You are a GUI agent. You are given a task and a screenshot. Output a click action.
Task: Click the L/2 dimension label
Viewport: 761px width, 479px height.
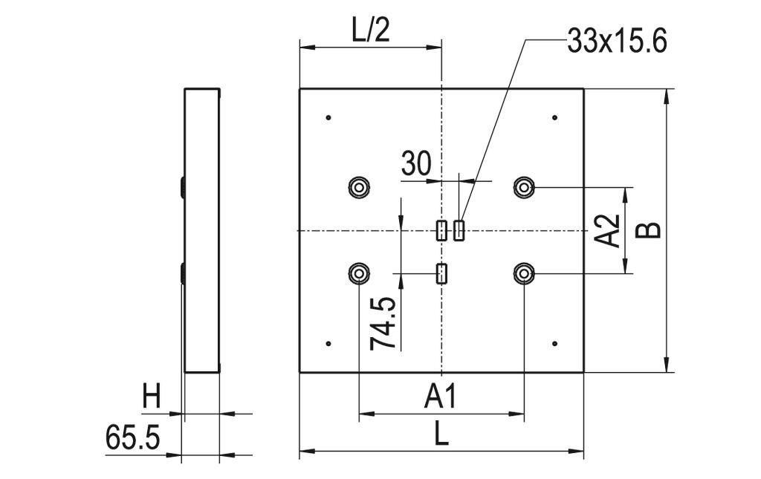(369, 30)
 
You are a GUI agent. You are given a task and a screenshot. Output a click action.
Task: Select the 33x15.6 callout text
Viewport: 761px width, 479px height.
(616, 42)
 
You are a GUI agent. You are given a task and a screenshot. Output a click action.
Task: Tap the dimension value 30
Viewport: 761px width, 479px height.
(415, 163)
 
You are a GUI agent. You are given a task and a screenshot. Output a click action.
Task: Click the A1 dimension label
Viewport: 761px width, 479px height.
(441, 398)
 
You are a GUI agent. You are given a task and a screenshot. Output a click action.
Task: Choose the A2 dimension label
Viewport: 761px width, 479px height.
(609, 230)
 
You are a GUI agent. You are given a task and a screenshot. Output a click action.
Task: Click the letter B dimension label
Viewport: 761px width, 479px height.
(650, 229)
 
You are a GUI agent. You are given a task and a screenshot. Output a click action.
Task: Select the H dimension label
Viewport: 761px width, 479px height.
(152, 397)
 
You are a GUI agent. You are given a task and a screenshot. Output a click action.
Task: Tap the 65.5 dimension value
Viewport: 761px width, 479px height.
(133, 438)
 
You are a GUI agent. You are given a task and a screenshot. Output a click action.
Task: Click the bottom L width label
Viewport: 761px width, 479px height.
(441, 434)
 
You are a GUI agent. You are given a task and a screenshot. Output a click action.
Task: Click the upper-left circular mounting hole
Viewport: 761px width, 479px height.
(359, 187)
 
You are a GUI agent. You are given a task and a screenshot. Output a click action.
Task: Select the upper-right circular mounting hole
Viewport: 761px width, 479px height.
(525, 187)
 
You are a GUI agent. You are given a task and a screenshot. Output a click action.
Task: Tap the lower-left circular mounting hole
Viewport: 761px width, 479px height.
(359, 274)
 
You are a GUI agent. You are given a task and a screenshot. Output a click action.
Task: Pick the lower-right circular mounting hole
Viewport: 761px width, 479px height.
(525, 274)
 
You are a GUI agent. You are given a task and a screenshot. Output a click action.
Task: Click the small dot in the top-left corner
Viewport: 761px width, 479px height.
(328, 117)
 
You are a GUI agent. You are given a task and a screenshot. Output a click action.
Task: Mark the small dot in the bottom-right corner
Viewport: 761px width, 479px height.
(555, 343)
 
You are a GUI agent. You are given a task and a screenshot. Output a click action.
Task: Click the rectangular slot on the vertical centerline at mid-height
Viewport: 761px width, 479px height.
(441, 231)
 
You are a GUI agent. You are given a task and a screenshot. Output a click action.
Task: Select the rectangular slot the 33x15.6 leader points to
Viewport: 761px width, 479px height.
(459, 231)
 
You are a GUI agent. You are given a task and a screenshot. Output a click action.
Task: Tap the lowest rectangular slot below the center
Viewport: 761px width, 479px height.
(441, 274)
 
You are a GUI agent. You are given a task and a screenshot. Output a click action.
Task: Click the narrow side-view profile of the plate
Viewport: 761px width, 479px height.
(201, 230)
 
